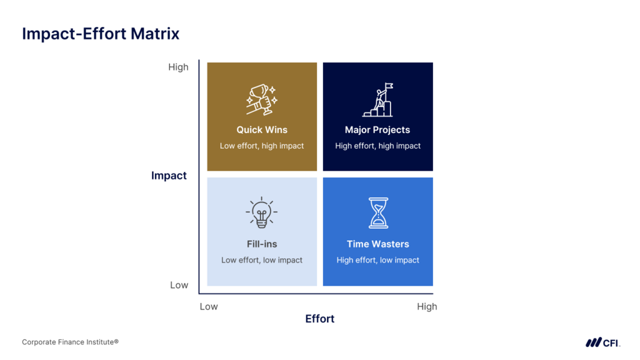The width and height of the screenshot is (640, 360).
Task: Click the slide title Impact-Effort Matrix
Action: pos(101,34)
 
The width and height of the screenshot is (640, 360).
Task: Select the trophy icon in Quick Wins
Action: pos(262,99)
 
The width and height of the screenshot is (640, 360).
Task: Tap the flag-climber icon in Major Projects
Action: pos(378,100)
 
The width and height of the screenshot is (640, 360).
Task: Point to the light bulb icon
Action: pos(262,212)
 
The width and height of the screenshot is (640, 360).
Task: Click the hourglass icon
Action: pos(378,212)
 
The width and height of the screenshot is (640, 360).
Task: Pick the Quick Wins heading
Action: pos(262,130)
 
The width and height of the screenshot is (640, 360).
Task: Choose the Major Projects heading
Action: pos(377,130)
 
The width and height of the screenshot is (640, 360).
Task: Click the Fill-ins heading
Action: pos(262,244)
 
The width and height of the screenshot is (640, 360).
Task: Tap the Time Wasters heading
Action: pos(378,244)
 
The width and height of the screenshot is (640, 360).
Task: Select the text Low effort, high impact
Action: pos(262,146)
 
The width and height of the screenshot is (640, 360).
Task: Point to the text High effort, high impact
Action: pos(378,146)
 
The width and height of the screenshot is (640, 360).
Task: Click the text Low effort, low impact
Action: pos(262,260)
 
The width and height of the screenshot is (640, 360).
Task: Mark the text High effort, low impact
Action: pos(378,260)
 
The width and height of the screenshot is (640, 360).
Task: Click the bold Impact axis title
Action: pos(169,176)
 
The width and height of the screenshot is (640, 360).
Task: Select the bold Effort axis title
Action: pos(320,319)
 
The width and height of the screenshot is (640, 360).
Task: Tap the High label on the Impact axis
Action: pos(178,67)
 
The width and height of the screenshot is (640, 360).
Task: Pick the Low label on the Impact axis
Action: pos(179,285)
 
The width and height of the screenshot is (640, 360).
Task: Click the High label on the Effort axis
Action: pos(427,306)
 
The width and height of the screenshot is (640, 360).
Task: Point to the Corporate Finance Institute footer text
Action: pos(70,342)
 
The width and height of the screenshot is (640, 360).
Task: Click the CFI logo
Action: pos(603,342)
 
